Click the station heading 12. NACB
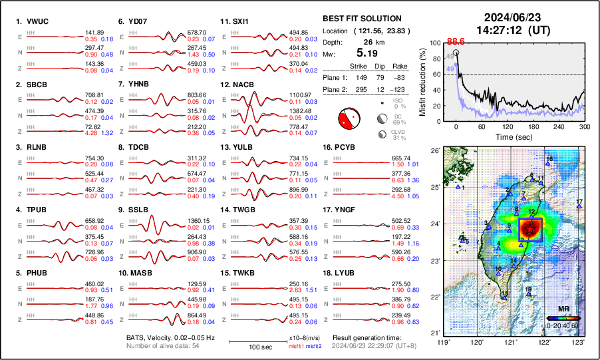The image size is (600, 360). click(237, 85)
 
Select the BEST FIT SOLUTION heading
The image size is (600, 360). click(361, 19)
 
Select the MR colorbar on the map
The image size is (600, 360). click(562, 318)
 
